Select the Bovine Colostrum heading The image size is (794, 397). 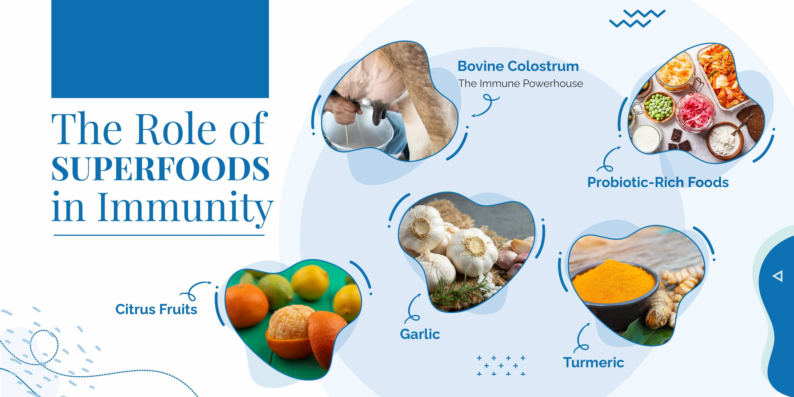[518, 66]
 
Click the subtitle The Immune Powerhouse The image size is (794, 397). [520, 84]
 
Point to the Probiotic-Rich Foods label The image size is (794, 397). [658, 182]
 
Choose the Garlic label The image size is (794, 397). [420, 334]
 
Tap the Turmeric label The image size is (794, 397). [593, 362]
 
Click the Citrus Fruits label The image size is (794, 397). [156, 309]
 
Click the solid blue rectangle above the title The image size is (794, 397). [160, 49]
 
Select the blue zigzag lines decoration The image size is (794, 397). [637, 19]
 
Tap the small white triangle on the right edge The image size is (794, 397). [778, 276]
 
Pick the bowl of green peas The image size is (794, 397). [658, 108]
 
